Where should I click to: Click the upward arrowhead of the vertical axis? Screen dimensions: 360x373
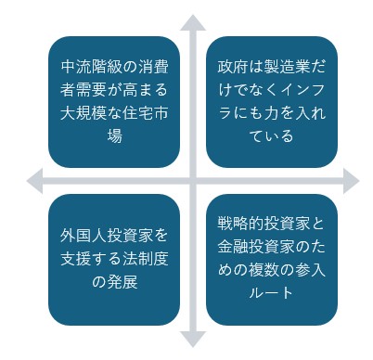point(192,22)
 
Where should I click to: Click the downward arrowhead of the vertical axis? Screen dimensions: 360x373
point(192,340)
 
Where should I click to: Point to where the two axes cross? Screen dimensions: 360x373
point(192,180)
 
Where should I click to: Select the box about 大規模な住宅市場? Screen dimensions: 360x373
point(114,102)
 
